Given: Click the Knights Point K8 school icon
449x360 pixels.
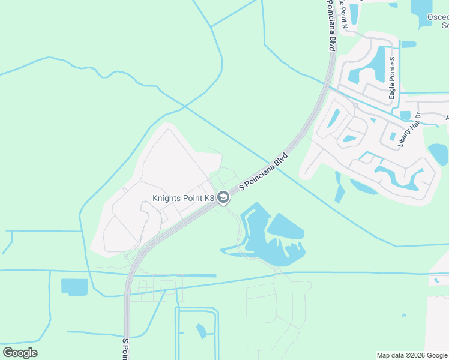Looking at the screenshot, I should (x=223, y=197).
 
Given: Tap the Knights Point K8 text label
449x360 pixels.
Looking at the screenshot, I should (x=183, y=198).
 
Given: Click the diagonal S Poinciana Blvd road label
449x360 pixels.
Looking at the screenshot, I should (x=264, y=172).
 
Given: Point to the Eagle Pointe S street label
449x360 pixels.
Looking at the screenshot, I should (x=392, y=78).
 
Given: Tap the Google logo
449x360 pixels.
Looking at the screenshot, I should (x=20, y=353).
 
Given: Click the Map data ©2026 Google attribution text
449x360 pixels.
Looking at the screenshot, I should (x=412, y=355).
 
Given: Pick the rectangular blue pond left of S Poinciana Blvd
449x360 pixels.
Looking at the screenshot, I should (x=74, y=287).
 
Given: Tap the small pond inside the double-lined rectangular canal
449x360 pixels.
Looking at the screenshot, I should (x=201, y=330).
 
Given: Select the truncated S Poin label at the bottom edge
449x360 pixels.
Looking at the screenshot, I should (x=126, y=349).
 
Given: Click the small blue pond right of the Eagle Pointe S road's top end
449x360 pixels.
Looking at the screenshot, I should (x=409, y=44).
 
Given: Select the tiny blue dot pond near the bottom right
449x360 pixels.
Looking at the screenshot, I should (x=404, y=316).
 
